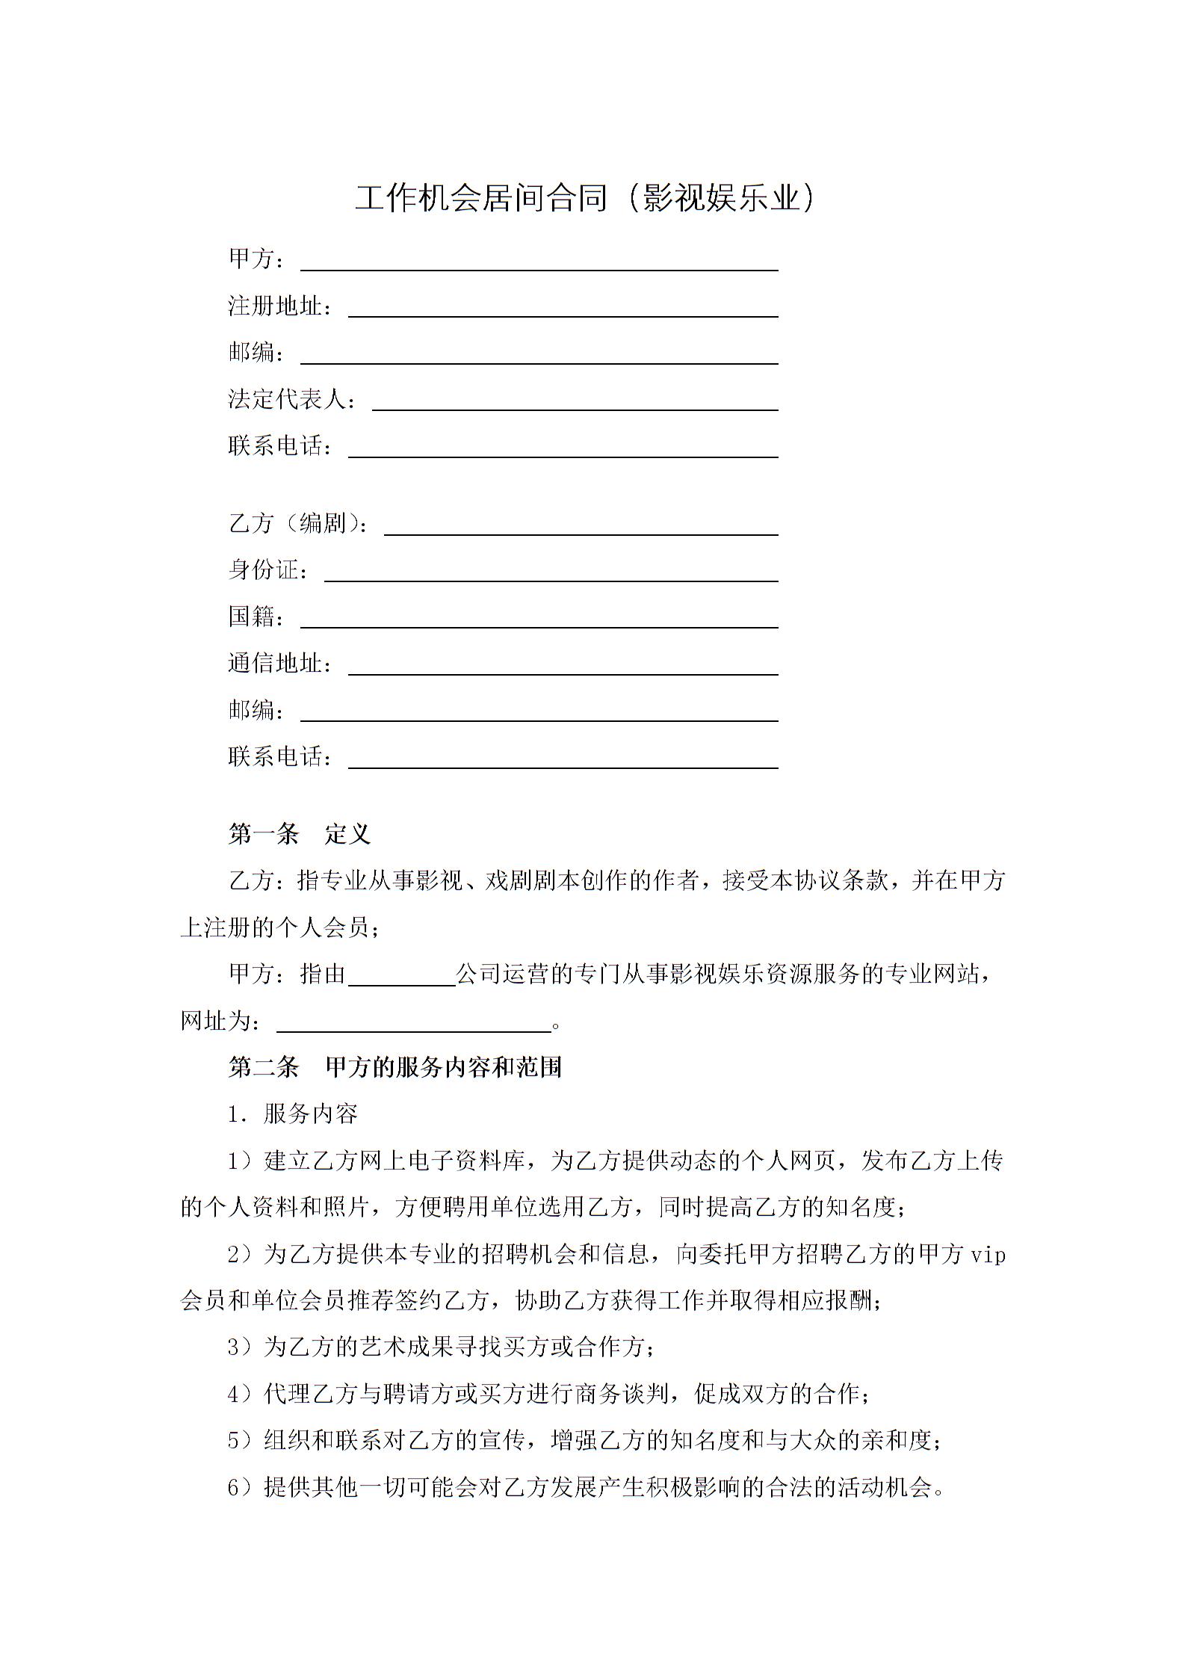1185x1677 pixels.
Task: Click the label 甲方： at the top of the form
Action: tap(256, 259)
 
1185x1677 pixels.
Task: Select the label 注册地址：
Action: tap(279, 306)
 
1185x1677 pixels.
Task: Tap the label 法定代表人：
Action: tap(292, 399)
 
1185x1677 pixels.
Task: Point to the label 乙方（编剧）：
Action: tap(298, 523)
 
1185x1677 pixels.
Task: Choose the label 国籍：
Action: tap(256, 617)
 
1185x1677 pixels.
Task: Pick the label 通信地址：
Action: tap(279, 663)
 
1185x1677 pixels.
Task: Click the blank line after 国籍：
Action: tap(539, 626)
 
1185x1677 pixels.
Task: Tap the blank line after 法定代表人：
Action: tap(575, 409)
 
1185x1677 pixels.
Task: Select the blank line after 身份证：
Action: tap(551, 580)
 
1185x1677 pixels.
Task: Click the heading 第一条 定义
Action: tap(299, 834)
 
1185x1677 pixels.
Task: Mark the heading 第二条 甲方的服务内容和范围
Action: tap(395, 1067)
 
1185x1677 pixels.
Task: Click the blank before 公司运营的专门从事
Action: tap(402, 984)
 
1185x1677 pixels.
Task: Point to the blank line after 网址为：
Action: tap(414, 1031)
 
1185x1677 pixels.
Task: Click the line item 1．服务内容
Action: tap(293, 1114)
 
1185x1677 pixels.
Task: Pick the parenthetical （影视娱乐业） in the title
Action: tap(717, 199)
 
